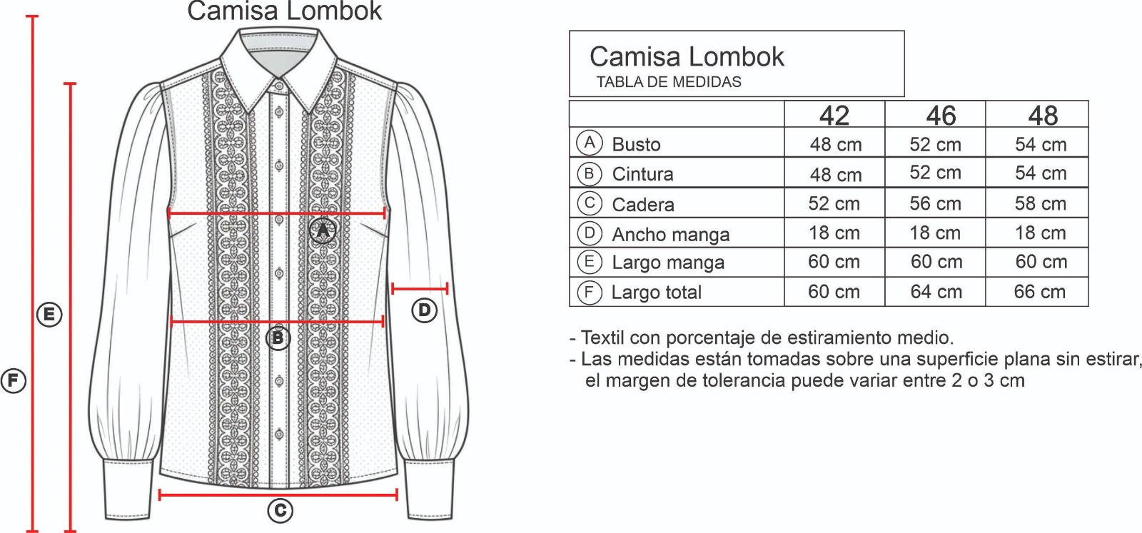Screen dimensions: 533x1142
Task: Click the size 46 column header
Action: pyautogui.click(x=941, y=116)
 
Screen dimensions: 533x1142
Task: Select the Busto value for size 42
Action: pyautogui.click(x=835, y=145)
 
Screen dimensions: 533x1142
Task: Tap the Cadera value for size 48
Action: pyautogui.click(x=1040, y=204)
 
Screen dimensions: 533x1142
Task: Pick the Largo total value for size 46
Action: pyautogui.click(x=936, y=292)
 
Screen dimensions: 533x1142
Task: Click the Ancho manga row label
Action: pyautogui.click(x=670, y=234)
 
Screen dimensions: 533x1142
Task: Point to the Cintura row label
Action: pyautogui.click(x=642, y=174)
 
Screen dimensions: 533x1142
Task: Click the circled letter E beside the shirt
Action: pyautogui.click(x=49, y=315)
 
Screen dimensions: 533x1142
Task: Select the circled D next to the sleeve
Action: pyautogui.click(x=424, y=310)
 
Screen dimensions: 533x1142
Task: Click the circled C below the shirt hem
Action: pyautogui.click(x=280, y=510)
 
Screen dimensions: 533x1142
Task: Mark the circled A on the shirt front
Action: pyautogui.click(x=323, y=230)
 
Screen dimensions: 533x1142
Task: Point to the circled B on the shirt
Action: pyautogui.click(x=278, y=337)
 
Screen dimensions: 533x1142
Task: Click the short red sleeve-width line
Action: pyautogui.click(x=420, y=289)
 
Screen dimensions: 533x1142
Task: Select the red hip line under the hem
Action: pyautogui.click(x=278, y=494)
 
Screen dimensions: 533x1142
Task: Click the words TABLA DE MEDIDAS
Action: pyautogui.click(x=669, y=82)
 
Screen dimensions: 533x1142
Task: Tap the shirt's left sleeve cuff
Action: pyautogui.click(x=129, y=489)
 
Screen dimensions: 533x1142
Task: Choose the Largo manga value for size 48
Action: pyautogui.click(x=1041, y=262)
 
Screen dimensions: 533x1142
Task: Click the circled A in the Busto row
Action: pyautogui.click(x=589, y=143)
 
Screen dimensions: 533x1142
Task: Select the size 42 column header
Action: pyautogui.click(x=834, y=116)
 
